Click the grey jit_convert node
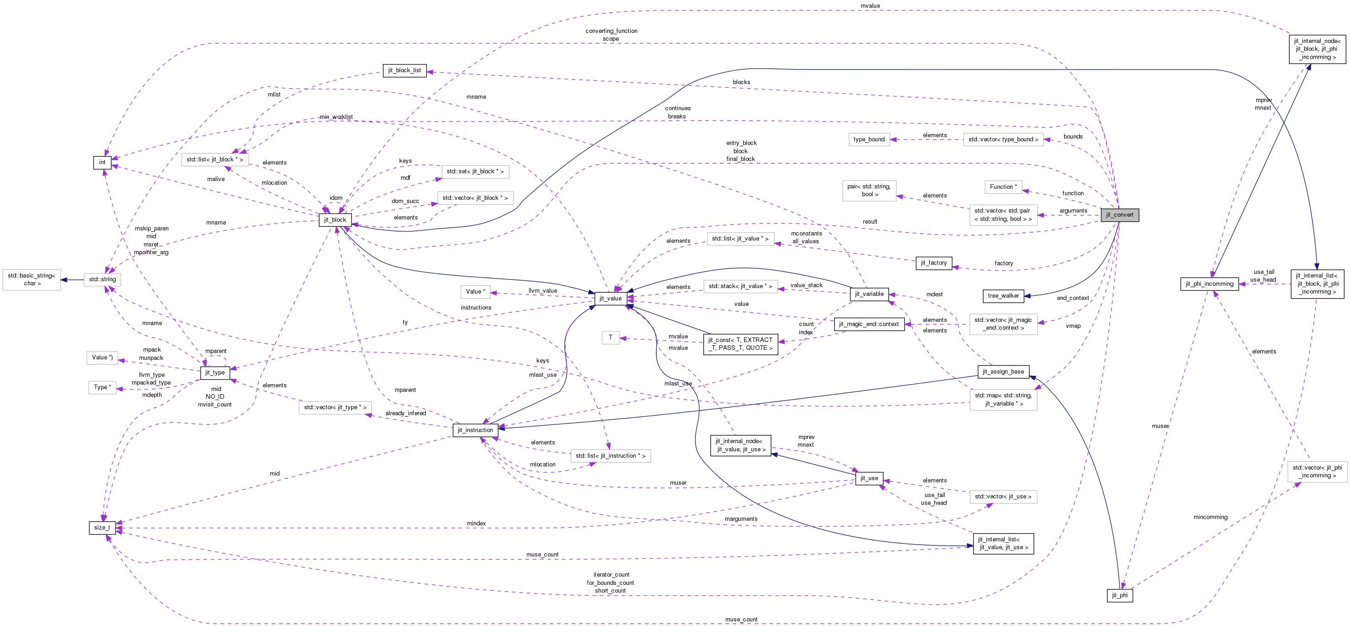pyautogui.click(x=1120, y=215)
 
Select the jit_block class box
pyautogui.click(x=335, y=220)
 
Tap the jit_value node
pyautogui.click(x=611, y=299)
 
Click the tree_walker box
pyautogui.click(x=1003, y=296)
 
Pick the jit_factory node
pyautogui.click(x=934, y=263)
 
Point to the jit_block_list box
pyautogui.click(x=405, y=70)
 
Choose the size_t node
pyautogui.click(x=102, y=528)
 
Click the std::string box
pyautogui.click(x=102, y=279)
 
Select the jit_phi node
pyautogui.click(x=1120, y=595)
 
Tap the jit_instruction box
pyautogui.click(x=475, y=430)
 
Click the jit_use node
pyautogui.click(x=869, y=478)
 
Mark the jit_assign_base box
pyautogui.click(x=1003, y=372)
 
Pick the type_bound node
pyautogui.click(x=869, y=139)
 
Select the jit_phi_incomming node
pyautogui.click(x=1210, y=284)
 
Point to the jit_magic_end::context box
pyautogui.click(x=869, y=324)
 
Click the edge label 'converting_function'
pyautogui.click(x=611, y=31)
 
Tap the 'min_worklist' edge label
pyautogui.click(x=336, y=117)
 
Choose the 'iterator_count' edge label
pyautogui.click(x=611, y=575)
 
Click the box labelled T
pyautogui.click(x=611, y=337)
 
